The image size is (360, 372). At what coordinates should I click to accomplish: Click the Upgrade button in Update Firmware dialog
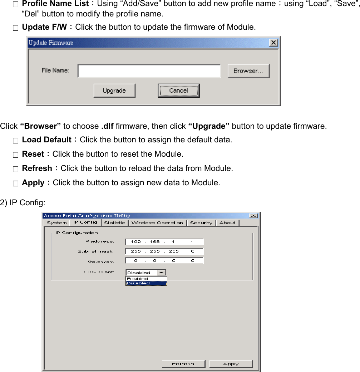114,90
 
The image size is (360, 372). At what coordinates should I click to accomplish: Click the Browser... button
248,71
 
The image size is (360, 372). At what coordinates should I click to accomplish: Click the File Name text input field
149,71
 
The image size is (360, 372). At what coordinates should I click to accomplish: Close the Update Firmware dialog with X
273,43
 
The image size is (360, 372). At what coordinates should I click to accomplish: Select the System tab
57,222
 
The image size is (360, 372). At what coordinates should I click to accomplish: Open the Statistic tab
114,222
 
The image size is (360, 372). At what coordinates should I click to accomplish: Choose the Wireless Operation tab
157,222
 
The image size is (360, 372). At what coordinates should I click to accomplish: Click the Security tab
201,222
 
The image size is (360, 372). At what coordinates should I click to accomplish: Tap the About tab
227,222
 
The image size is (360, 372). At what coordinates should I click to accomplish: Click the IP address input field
164,241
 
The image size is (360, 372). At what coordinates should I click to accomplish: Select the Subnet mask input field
164,251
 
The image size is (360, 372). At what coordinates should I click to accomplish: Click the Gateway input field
164,261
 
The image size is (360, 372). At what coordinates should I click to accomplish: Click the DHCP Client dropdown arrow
162,273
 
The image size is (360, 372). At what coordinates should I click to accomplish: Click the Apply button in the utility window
231,364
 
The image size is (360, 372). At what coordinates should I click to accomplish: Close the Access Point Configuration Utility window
253,216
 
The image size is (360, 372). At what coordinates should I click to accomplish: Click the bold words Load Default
47,139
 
